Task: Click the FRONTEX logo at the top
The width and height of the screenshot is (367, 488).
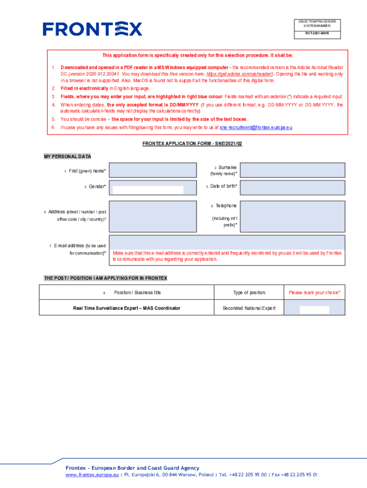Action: [x=92, y=29]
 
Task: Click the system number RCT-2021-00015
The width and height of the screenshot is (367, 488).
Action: [x=317, y=34]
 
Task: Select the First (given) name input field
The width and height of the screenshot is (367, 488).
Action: [x=153, y=171]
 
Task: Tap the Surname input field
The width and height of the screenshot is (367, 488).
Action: [x=292, y=171]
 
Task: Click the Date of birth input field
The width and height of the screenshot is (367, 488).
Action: [x=292, y=187]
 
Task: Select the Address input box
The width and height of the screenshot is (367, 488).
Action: [x=153, y=216]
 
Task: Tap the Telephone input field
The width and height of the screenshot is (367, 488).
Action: [x=292, y=216]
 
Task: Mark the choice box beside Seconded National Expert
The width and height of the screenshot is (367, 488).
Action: [x=314, y=310]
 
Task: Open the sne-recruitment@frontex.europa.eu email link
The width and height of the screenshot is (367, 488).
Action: [x=256, y=128]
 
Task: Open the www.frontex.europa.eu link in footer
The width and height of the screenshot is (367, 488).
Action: [x=92, y=475]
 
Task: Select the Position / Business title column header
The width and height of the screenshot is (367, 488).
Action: [x=137, y=293]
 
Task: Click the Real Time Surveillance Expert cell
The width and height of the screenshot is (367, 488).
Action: [x=127, y=308]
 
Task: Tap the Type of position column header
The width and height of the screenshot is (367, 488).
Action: [x=249, y=293]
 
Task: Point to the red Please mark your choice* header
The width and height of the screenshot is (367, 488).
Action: [x=314, y=293]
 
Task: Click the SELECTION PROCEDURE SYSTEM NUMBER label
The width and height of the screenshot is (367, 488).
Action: [x=317, y=23]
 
